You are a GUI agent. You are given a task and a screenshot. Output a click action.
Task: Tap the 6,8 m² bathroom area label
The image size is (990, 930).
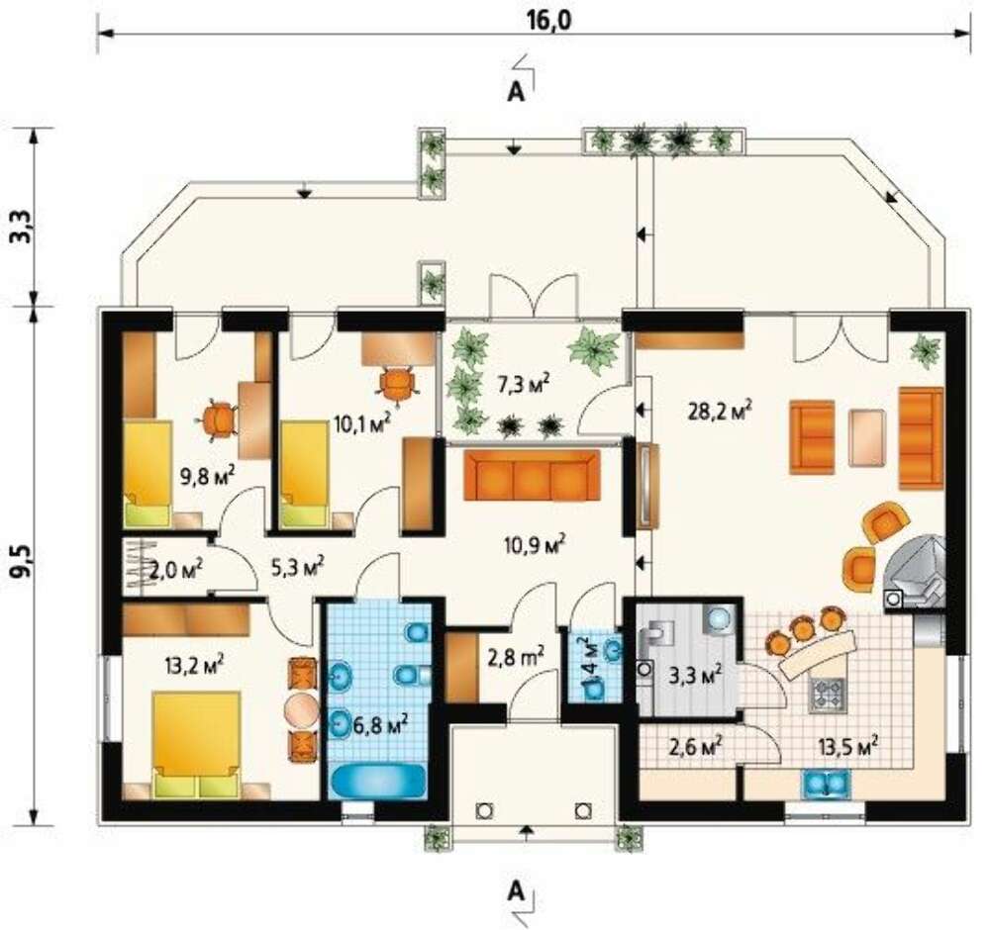(x=379, y=726)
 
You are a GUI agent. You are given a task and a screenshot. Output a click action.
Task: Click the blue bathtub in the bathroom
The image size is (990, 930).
(x=378, y=782)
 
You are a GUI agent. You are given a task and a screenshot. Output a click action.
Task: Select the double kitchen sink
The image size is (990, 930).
(x=826, y=784)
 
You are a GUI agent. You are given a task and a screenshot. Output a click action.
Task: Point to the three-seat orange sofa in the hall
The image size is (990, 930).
(x=532, y=475)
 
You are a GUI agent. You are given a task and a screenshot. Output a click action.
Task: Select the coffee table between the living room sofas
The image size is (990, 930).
(x=867, y=438)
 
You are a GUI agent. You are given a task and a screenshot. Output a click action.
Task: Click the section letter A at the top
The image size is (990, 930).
(x=517, y=93)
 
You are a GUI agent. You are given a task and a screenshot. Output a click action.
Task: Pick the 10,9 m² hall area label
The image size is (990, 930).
(x=535, y=544)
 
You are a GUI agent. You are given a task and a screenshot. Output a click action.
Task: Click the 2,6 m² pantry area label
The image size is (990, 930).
(x=696, y=747)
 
